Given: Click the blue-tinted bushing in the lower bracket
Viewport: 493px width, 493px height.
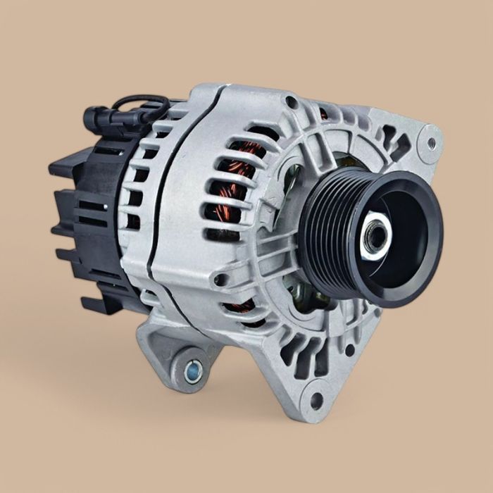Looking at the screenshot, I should tap(192, 368).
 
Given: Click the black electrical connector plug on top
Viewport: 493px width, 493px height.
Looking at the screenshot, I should tap(99, 119).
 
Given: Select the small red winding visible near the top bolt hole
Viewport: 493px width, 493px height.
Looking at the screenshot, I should tap(323, 113).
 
